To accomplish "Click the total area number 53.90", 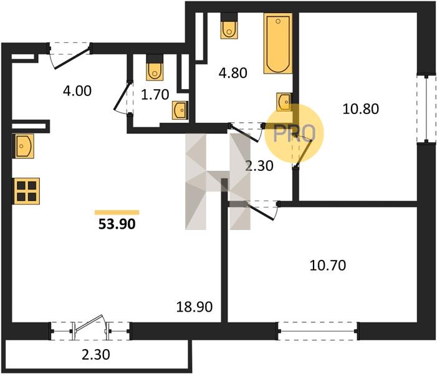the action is [117, 224].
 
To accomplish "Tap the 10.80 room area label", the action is [361, 108].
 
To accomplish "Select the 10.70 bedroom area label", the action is [328, 266].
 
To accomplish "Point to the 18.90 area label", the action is [194, 307].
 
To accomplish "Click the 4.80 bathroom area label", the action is [233, 73].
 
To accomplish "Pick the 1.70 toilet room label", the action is [155, 95].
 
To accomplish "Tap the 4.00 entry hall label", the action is [77, 91].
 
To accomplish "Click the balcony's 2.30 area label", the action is [96, 355].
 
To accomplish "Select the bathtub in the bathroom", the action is [278, 43].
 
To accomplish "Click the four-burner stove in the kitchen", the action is [26, 191].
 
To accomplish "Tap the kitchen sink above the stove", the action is [23, 146].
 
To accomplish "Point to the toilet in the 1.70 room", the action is [155, 67].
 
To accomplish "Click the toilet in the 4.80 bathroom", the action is [229, 26].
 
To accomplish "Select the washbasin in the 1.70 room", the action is [180, 110].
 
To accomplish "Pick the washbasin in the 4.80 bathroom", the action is [284, 102].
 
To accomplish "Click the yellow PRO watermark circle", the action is [294, 133].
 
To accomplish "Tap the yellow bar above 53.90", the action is [117, 213].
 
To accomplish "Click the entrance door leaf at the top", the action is [72, 59].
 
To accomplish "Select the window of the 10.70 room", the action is [318, 332].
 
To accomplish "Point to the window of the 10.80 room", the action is [426, 108].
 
